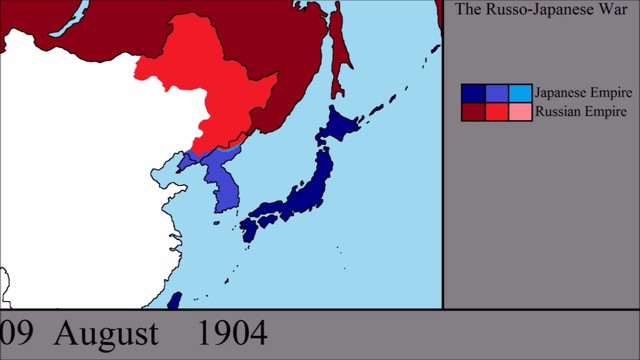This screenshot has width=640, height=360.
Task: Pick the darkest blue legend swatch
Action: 473,93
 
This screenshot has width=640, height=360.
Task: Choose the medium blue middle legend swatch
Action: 496,93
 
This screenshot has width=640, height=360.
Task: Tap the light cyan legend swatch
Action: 520,93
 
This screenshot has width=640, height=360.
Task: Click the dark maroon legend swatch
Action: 473,112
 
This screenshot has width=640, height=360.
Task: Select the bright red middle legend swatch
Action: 496,112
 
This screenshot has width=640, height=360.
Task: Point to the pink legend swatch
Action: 520,112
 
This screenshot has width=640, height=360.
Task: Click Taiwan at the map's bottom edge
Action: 174,301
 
